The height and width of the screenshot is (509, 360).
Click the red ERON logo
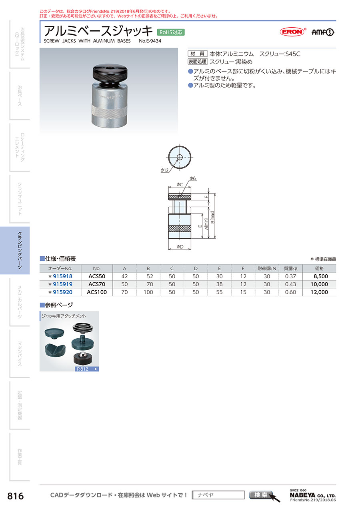point(292,32)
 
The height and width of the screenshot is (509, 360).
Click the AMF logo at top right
point(323,32)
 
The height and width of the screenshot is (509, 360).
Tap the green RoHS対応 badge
point(171,32)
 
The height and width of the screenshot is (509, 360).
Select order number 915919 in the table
point(62,284)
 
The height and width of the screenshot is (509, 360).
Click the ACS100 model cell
point(97,292)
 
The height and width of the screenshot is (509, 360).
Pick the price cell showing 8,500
point(321,276)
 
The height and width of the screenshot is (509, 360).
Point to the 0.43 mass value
point(290,284)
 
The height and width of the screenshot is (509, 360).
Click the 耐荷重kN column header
point(267,268)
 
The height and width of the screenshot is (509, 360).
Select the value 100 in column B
point(148,292)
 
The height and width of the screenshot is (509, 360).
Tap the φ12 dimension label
point(164,170)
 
